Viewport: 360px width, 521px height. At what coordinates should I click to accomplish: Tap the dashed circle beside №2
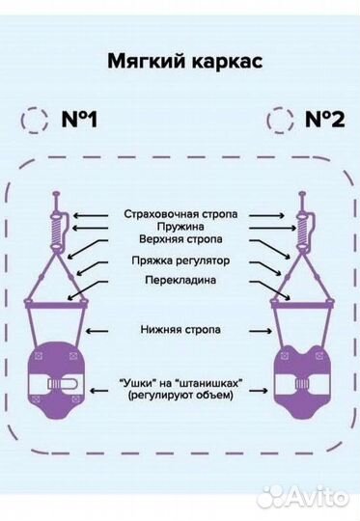pos(280,122)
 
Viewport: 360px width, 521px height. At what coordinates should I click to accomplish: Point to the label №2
pos(326,122)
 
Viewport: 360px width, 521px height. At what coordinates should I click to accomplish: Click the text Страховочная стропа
pos(179,213)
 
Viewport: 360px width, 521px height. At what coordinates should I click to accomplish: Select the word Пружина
pos(179,228)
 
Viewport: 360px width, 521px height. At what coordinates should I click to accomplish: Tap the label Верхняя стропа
pos(179,241)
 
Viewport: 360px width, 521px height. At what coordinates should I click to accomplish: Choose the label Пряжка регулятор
pos(179,260)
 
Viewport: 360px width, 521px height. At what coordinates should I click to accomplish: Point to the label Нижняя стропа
pos(179,330)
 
